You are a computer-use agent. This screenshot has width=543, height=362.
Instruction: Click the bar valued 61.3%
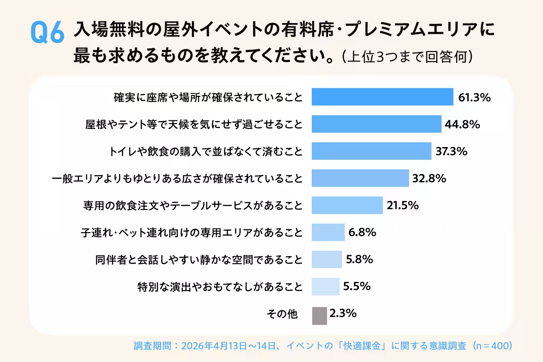coord(382,97)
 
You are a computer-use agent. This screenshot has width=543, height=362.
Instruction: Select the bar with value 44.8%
coord(376,124)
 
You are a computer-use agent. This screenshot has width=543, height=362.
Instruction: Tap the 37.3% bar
coord(372,151)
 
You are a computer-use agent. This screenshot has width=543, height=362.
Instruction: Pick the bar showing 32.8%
coord(360,178)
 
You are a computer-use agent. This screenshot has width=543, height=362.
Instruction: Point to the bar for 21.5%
coord(347,205)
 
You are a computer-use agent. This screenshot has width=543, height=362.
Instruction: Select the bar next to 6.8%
coord(328,233)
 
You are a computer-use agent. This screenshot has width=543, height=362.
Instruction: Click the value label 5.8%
coord(359,260)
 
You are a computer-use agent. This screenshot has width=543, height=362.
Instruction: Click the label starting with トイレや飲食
coord(206,151)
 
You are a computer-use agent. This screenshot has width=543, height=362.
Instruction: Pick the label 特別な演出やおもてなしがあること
coord(220,287)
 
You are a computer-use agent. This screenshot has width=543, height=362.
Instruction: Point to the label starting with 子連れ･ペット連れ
coord(191,233)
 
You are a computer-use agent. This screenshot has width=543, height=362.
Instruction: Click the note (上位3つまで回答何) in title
coord(408,57)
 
